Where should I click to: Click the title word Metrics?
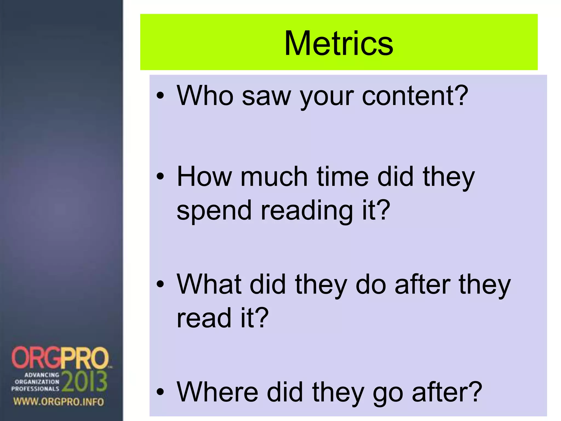339,43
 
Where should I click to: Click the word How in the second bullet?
204,177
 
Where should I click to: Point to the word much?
274,177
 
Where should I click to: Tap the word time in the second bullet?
343,177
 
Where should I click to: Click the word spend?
214,211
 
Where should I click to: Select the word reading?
306,211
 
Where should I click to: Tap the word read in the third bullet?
204,318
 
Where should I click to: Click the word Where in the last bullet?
217,392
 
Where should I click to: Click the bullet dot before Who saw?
160,96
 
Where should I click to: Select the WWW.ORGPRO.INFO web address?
59,402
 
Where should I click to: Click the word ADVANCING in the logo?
42,375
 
